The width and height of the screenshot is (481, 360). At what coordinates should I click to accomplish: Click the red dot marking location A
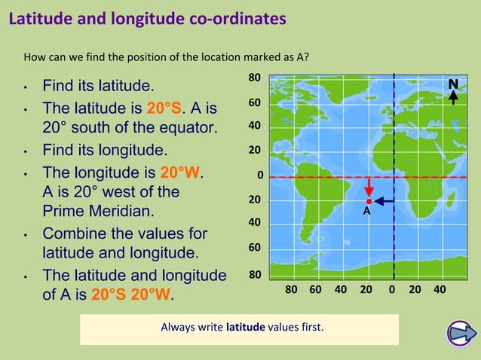pos(369,201)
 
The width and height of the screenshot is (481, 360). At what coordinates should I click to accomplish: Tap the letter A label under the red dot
pos(367,212)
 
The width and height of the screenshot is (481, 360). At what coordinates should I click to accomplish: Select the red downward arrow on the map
pos(369,188)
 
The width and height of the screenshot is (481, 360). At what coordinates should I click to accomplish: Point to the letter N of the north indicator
pos(453,84)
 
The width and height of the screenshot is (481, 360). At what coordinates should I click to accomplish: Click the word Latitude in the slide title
pos(40,19)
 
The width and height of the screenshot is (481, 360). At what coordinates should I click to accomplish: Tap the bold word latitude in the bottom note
pos(245,328)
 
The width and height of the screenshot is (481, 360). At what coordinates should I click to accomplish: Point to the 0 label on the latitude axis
pos(259,176)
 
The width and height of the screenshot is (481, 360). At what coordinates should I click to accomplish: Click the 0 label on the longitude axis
pos(392,289)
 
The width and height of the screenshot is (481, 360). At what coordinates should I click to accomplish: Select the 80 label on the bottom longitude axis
pos(293,289)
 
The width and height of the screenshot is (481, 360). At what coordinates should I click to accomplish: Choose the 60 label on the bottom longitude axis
pos(316,289)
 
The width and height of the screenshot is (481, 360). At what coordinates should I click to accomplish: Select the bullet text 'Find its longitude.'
pos(104,149)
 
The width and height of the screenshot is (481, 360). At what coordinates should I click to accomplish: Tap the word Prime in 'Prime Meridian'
pos(63,212)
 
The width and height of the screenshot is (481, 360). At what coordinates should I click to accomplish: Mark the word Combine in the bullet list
pos(73,233)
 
